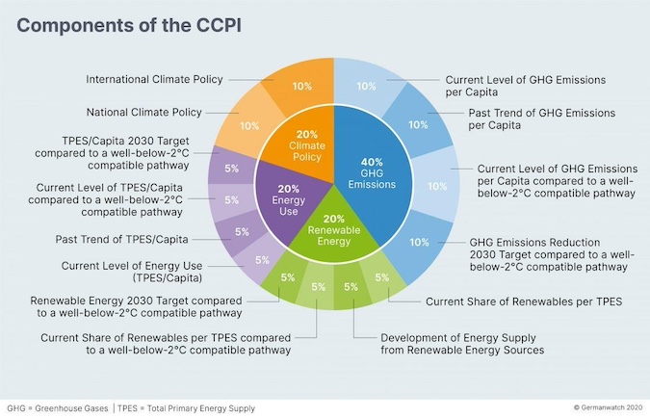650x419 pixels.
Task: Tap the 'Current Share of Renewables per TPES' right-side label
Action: click(526, 301)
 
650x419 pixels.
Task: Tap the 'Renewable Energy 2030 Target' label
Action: click(135, 305)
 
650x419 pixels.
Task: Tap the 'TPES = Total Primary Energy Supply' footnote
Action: click(188, 408)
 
